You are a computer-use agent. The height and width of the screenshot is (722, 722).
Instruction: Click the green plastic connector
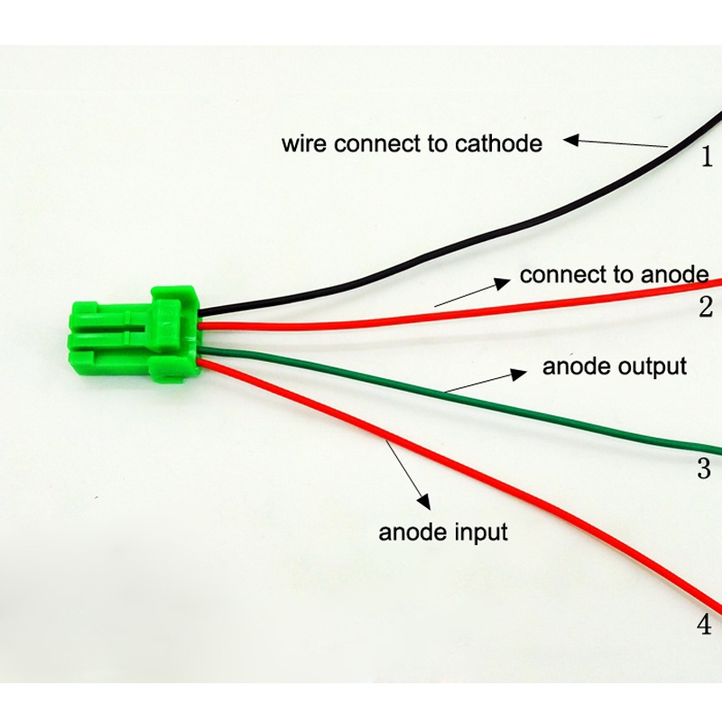(135, 329)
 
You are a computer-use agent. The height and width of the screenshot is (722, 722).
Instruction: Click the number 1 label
(708, 157)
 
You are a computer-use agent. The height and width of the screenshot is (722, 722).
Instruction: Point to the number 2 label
(706, 309)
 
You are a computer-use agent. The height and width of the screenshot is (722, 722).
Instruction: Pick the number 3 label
(705, 469)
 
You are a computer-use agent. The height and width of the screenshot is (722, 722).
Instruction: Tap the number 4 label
(705, 624)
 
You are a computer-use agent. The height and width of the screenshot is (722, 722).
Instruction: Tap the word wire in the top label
(303, 143)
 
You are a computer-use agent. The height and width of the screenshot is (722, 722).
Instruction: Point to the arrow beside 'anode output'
(487, 380)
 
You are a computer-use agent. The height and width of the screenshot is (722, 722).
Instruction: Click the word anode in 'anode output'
(573, 366)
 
